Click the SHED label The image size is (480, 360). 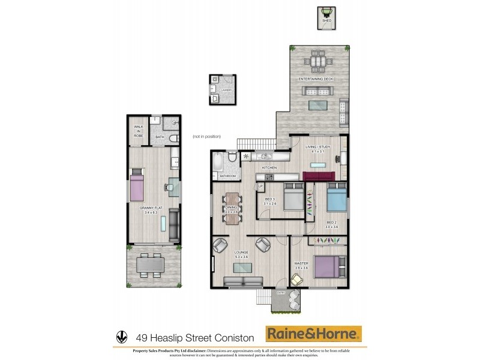coord(327,21)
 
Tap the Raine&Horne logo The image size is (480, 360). coord(314,334)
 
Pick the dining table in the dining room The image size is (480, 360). coord(231,208)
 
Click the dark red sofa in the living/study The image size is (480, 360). coord(319,176)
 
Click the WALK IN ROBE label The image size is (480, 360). coord(139,131)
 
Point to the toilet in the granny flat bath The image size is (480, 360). coord(173,138)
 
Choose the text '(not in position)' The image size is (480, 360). coord(206,137)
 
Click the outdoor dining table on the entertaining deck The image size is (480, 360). coord(316,61)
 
